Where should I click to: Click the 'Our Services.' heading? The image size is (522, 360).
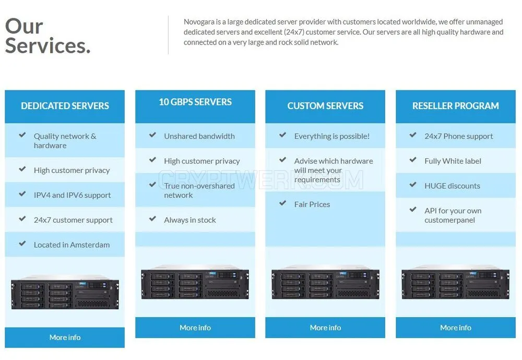[48, 36]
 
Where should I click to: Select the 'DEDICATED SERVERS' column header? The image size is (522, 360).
[65, 106]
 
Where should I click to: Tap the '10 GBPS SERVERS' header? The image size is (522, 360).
[195, 102]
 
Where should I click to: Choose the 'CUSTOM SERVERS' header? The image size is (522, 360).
[325, 106]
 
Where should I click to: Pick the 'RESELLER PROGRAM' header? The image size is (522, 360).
[455, 106]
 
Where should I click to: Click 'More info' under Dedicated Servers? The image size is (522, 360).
[65, 338]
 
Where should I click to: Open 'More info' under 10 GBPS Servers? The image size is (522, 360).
[195, 328]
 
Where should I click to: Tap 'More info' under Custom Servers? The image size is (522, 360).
[325, 328]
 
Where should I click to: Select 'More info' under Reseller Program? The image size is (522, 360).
[455, 328]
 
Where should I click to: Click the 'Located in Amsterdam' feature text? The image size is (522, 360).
[72, 245]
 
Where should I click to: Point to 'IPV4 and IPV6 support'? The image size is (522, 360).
[72, 195]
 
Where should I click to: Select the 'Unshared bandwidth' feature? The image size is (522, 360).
[199, 136]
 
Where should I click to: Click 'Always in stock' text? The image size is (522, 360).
[190, 220]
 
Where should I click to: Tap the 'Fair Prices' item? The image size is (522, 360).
[312, 205]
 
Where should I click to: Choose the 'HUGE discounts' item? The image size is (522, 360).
[452, 186]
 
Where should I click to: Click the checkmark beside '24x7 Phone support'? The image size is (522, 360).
[413, 135]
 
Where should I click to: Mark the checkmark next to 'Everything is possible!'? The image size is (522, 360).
[282, 135]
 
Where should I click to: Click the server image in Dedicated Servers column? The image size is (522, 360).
[65, 292]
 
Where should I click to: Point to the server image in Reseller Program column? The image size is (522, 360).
[455, 282]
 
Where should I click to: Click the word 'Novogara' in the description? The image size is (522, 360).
[199, 22]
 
